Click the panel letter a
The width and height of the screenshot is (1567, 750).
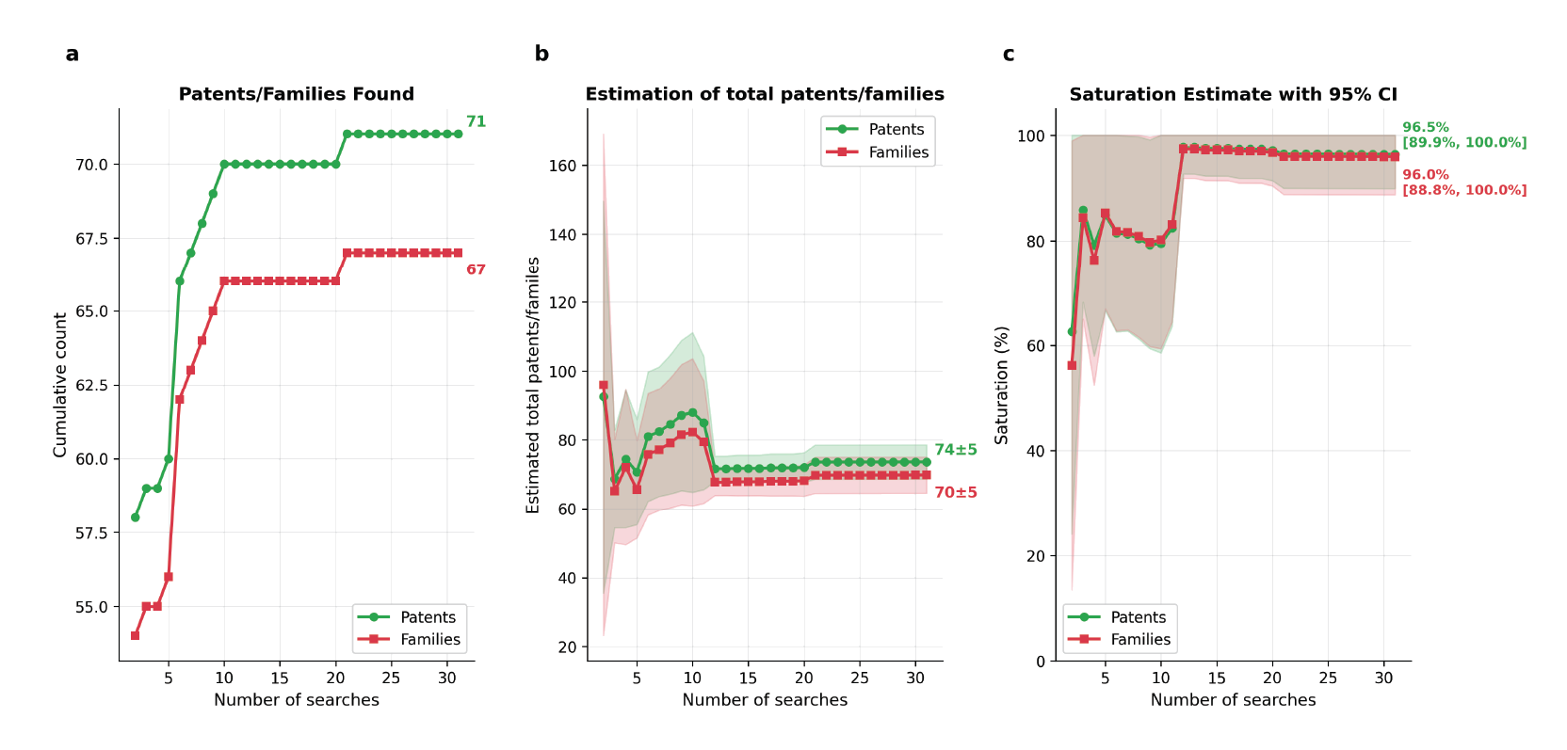tap(73, 55)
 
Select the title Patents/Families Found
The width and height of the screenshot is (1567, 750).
tap(296, 94)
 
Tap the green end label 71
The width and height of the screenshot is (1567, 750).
tap(476, 121)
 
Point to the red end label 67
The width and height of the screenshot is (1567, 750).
tap(476, 270)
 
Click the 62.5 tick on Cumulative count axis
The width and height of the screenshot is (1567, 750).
tap(91, 385)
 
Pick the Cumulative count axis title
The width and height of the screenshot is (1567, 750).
tap(60, 385)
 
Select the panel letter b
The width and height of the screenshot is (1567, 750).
tap(541, 55)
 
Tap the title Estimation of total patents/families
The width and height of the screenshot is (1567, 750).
tap(765, 94)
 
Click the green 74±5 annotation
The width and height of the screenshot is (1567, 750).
tap(955, 450)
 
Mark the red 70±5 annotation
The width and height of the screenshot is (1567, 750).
tap(955, 493)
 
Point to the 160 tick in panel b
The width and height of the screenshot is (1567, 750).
tap(562, 166)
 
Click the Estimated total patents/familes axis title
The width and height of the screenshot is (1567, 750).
tap(533, 385)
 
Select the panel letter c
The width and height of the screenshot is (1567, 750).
tap(1009, 55)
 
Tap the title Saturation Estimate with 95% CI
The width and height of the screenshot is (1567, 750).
tap(1233, 94)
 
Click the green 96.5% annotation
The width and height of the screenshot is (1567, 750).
tap(1426, 128)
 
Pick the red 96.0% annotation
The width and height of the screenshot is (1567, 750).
tap(1426, 175)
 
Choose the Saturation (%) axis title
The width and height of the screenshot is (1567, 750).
tap(1002, 385)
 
